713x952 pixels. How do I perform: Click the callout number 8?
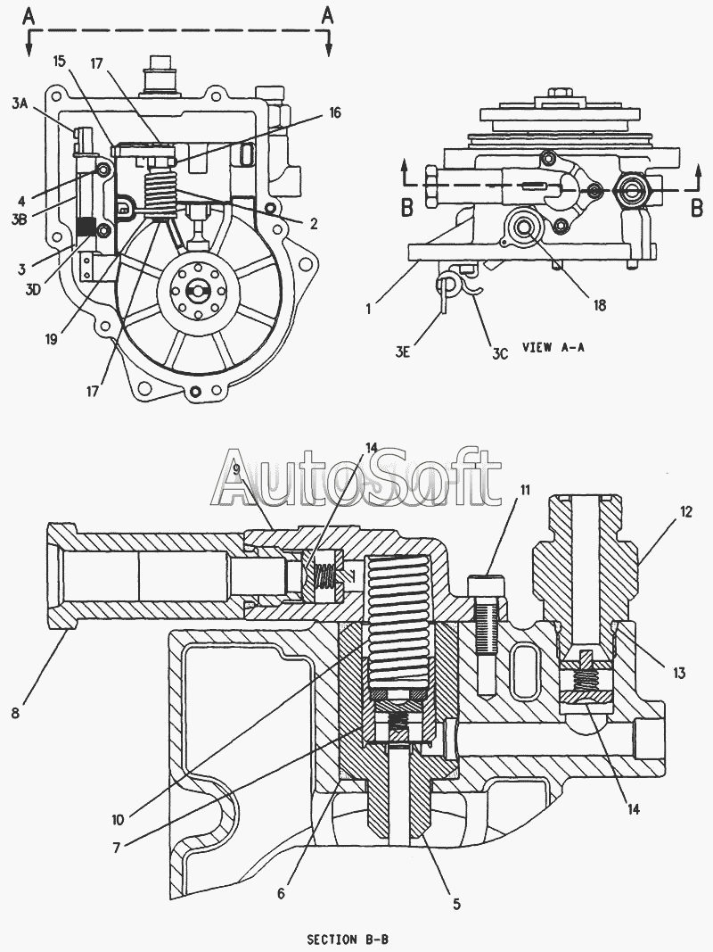click(16, 712)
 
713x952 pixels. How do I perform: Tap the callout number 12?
click(685, 512)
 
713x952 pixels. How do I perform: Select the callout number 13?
click(678, 673)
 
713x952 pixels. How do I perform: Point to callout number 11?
click(524, 489)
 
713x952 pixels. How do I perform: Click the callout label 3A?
click(20, 103)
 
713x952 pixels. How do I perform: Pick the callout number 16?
click(335, 112)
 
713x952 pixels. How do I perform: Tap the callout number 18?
click(599, 305)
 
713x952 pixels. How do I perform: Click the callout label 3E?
click(403, 351)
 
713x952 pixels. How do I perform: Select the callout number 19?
click(51, 339)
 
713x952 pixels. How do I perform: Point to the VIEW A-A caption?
click(553, 347)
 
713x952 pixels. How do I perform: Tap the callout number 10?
click(118, 820)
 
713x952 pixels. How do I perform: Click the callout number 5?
click(456, 904)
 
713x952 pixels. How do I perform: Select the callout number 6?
click(281, 893)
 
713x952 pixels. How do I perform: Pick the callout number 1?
click(368, 308)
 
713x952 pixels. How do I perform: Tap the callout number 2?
click(314, 223)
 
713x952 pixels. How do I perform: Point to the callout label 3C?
click(500, 353)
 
